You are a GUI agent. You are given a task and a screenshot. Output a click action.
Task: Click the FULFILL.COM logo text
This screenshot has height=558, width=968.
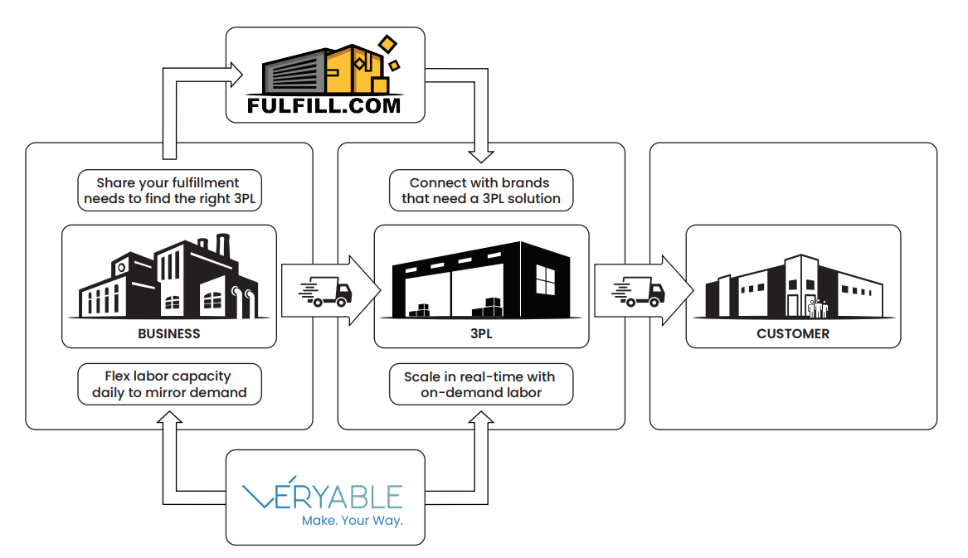pyautogui.click(x=324, y=105)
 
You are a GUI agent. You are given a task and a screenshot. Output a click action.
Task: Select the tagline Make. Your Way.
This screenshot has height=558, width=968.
pyautogui.click(x=352, y=521)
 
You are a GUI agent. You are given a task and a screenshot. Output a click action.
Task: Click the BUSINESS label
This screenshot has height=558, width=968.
pyautogui.click(x=169, y=334)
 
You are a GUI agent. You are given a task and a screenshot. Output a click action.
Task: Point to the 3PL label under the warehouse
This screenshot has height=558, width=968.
pyautogui.click(x=482, y=334)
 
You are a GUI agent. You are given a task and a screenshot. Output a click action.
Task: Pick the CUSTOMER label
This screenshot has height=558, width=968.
pyautogui.click(x=793, y=334)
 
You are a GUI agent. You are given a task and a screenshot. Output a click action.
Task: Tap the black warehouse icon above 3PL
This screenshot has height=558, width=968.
pyautogui.click(x=482, y=279)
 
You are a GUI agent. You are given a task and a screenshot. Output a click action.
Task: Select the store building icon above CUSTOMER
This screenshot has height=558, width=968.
pyautogui.click(x=794, y=287)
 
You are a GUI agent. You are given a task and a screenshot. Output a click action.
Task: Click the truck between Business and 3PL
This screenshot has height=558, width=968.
pyautogui.click(x=325, y=291)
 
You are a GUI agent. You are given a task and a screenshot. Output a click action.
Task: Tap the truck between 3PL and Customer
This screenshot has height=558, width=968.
pyautogui.click(x=639, y=291)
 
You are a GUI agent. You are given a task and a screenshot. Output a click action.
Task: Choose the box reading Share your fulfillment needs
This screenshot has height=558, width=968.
pyautogui.click(x=170, y=190)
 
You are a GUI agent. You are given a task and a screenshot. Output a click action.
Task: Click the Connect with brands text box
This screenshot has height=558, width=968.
pyautogui.click(x=481, y=190)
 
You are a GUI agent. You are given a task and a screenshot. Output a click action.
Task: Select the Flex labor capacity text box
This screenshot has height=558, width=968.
pyautogui.click(x=170, y=384)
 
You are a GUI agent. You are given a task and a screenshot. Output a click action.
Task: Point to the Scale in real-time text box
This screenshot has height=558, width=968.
pyautogui.click(x=481, y=384)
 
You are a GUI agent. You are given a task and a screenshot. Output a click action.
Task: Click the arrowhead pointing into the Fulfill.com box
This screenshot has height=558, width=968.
pyautogui.click(x=236, y=75)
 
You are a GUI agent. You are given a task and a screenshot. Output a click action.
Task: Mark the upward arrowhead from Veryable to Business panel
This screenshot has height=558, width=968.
pyautogui.click(x=170, y=417)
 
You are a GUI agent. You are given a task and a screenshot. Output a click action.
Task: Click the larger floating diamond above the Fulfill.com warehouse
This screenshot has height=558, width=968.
pyautogui.click(x=387, y=45)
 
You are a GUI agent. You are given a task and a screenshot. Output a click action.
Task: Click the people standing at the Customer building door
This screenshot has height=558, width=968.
pyautogui.click(x=818, y=308)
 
